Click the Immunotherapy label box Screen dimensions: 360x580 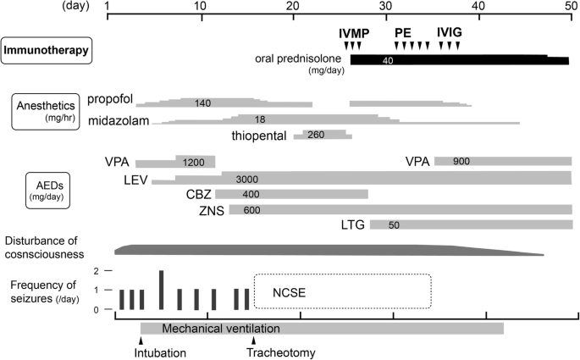47,49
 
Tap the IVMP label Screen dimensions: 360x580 353,32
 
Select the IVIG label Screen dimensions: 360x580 450,32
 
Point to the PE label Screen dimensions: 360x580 403,32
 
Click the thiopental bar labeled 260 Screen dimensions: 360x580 322,134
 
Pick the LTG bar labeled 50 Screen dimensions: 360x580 471,224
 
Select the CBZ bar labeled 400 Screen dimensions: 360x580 292,194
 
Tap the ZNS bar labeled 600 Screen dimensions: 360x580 398,209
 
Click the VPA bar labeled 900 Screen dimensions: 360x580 503,161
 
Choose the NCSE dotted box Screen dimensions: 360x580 343,293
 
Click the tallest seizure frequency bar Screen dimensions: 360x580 162,290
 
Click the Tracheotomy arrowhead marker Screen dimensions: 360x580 253,341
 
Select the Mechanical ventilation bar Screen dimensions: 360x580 322,328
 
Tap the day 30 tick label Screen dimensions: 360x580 386,6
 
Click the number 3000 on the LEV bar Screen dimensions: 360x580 247,179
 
